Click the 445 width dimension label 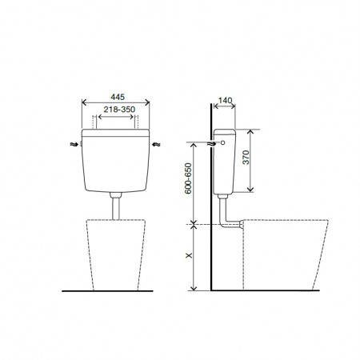coord(118,97)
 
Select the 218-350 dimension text coord(119,110)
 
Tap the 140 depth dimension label coord(225,100)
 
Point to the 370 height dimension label coord(246,158)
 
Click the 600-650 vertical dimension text coord(188,178)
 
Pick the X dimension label coord(189,255)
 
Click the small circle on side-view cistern coord(223,142)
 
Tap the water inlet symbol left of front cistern coord(73,144)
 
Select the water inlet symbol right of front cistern coord(156,144)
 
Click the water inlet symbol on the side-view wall coord(211,143)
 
